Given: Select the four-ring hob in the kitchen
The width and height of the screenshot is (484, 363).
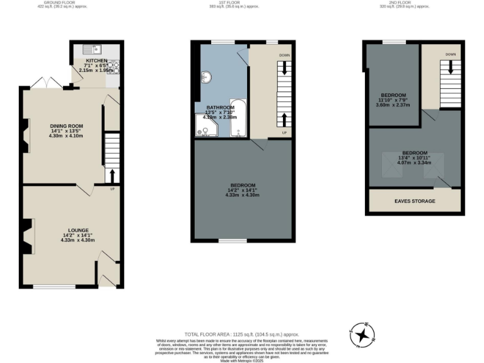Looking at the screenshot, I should click(111, 67).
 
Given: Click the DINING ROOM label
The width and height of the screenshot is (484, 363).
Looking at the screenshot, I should click(66, 126).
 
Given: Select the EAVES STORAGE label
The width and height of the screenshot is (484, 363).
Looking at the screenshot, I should click(415, 201).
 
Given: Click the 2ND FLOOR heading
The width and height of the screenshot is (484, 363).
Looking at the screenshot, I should click(415, 3).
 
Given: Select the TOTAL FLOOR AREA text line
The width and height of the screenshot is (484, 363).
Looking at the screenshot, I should click(241, 334).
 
